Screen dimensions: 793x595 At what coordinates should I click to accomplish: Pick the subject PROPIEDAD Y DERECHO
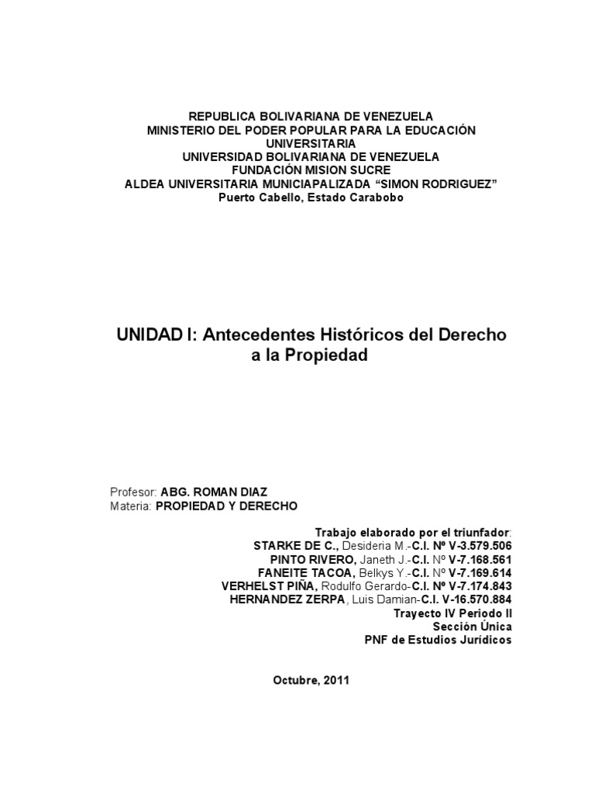pos(226,506)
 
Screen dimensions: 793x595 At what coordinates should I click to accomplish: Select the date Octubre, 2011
pos(311,681)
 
